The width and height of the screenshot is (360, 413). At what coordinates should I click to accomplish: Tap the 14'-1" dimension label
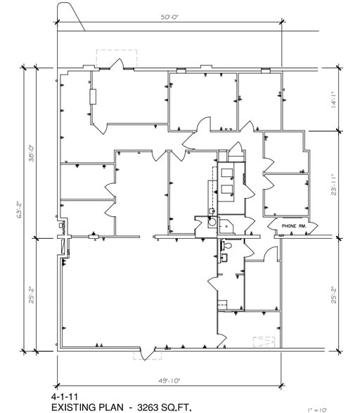[x=334, y=100]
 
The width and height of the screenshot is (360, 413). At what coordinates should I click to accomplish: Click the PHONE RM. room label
[x=291, y=225]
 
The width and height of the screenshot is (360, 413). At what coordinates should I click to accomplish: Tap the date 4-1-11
[x=65, y=396]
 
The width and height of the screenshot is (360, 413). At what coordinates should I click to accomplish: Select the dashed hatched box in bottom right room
[x=263, y=341]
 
